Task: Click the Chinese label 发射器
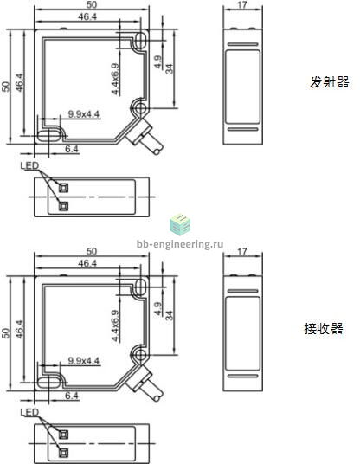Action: (329, 82)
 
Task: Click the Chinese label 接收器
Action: (324, 329)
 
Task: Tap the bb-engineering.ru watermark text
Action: (180, 244)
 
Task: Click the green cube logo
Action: (180, 224)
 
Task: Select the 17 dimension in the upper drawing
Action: (242, 5)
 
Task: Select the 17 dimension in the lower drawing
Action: (242, 252)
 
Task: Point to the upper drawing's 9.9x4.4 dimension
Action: (84, 114)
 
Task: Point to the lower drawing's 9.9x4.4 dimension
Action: (84, 361)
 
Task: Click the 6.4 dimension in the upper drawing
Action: (72, 149)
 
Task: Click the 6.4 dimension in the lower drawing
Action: (72, 396)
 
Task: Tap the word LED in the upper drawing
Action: (29, 165)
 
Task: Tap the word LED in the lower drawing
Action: (29, 412)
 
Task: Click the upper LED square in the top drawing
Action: (63, 188)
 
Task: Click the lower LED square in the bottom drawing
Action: (63, 453)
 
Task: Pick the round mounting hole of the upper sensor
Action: (140, 108)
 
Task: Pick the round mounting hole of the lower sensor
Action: (140, 355)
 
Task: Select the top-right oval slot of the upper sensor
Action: (140, 40)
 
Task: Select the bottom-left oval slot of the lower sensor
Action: (48, 383)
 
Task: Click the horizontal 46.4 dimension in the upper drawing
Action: (87, 16)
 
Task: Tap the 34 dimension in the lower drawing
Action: (169, 315)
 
